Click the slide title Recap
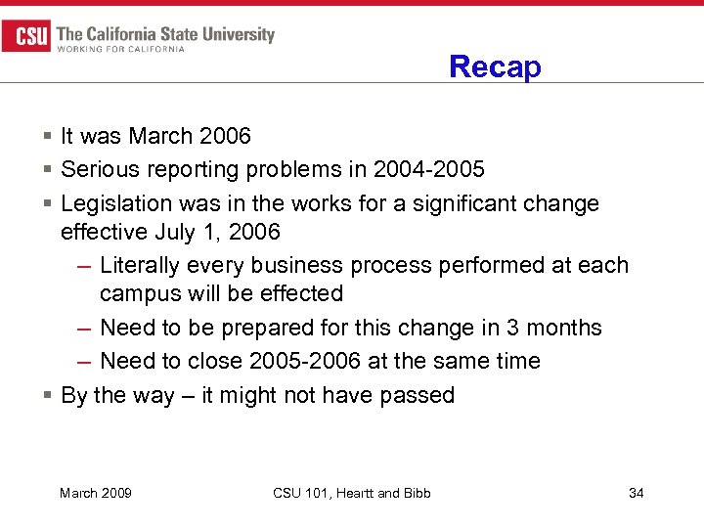[495, 66]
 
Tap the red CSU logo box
[25, 37]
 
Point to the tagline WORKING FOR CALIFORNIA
[121, 49]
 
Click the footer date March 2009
[96, 493]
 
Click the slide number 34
[636, 493]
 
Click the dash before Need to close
[86, 361]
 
